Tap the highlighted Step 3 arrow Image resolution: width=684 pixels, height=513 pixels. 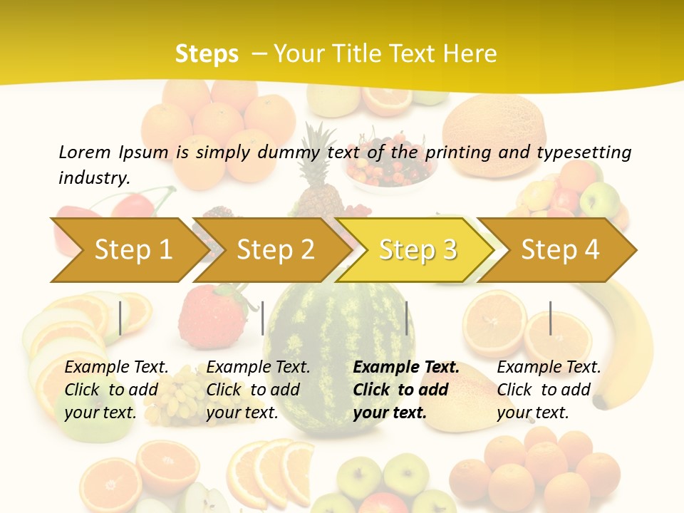(x=418, y=250)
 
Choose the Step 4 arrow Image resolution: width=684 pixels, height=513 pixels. (x=560, y=250)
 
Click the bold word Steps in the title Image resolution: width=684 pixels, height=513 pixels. (x=207, y=53)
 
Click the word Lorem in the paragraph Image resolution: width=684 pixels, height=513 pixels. (x=84, y=152)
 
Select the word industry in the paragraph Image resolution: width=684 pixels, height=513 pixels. (x=94, y=177)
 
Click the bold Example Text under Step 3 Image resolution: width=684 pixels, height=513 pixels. (x=406, y=368)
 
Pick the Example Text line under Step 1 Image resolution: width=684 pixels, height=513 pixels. (x=117, y=368)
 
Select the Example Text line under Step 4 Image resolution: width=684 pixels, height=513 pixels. (x=549, y=368)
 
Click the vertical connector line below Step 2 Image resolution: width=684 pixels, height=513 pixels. (x=263, y=318)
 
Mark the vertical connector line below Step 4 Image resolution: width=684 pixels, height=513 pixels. (x=551, y=318)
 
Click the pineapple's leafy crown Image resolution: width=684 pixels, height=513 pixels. (x=318, y=146)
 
